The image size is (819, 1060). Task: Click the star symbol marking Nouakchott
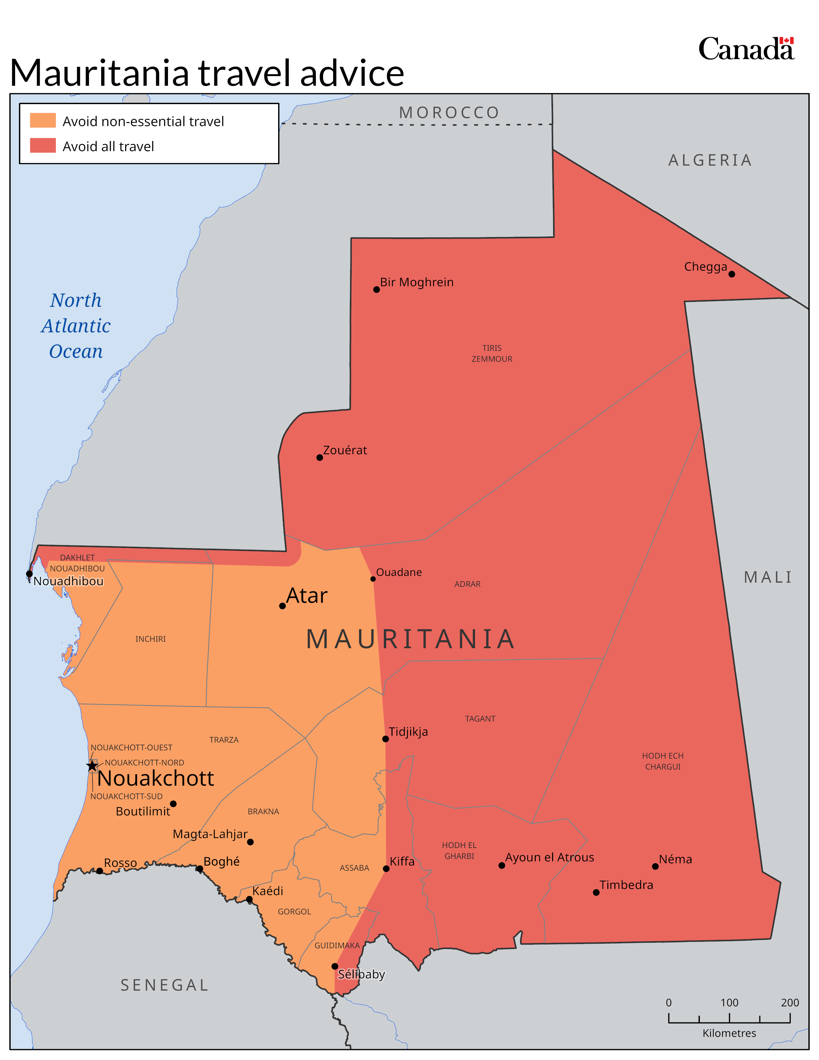(x=92, y=766)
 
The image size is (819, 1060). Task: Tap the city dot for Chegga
(x=732, y=274)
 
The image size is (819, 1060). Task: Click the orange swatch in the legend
(x=43, y=120)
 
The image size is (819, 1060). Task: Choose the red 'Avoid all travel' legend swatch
(x=43, y=146)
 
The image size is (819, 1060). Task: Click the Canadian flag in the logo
(x=787, y=41)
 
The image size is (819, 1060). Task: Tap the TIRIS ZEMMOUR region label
(x=491, y=353)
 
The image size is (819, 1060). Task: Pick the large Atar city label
(x=307, y=596)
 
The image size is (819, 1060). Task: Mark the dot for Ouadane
(x=373, y=579)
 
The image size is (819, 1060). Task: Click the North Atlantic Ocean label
(x=76, y=326)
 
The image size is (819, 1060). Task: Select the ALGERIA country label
(x=710, y=160)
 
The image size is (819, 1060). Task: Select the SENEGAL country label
(x=164, y=985)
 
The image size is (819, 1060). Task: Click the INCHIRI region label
(x=150, y=639)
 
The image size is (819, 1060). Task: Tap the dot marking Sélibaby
(x=335, y=966)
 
